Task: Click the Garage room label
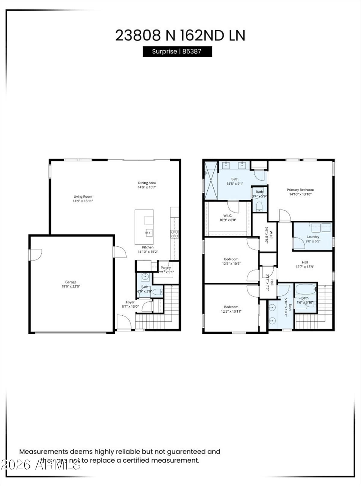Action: [71, 282]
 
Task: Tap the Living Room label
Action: [83, 196]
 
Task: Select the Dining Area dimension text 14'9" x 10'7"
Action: [147, 187]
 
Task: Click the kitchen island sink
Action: [149, 232]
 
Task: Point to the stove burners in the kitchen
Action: [174, 234]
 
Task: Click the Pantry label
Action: [166, 267]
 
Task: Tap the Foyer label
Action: [130, 302]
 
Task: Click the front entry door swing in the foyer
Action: [123, 322]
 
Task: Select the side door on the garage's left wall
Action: [35, 255]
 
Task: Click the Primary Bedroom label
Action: [300, 190]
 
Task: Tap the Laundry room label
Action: [313, 237]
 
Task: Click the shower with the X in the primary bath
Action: [211, 180]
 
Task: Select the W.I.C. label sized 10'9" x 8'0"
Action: [228, 216]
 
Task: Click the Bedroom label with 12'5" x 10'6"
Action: [231, 259]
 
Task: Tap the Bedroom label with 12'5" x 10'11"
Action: [231, 307]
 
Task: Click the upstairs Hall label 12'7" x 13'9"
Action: [305, 262]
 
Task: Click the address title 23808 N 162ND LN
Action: [180, 35]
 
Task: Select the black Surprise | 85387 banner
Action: [177, 51]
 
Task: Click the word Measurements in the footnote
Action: [43, 451]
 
